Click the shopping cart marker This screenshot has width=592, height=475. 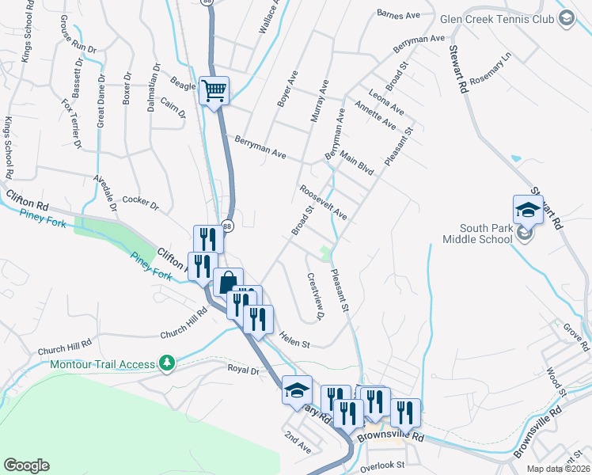point(214,90)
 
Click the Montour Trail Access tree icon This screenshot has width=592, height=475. point(166,363)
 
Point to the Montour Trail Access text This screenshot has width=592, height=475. point(102,364)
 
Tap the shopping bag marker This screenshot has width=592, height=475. point(228,282)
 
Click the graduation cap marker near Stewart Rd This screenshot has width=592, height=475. point(528,210)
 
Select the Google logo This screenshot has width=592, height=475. point(26,465)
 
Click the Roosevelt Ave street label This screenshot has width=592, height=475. point(323,203)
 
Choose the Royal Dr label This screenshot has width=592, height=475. point(244,369)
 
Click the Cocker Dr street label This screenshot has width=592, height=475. point(142,203)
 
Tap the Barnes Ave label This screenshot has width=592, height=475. point(398,14)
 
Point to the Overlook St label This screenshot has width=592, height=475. point(382,465)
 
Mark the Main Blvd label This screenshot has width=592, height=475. point(356,164)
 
